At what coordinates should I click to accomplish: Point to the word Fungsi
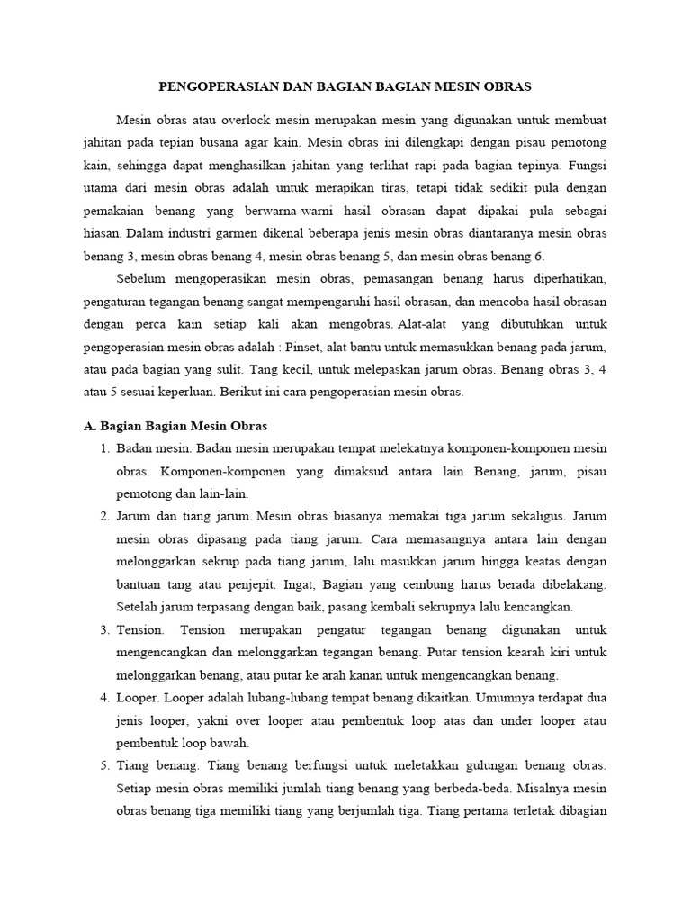[x=588, y=166]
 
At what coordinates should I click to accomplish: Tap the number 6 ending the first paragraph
[x=540, y=257]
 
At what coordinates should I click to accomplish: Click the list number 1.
[x=103, y=448]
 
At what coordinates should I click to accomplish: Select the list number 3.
[x=103, y=629]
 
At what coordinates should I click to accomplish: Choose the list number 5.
[x=103, y=765]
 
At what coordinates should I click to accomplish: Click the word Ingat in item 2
[x=384, y=583]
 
